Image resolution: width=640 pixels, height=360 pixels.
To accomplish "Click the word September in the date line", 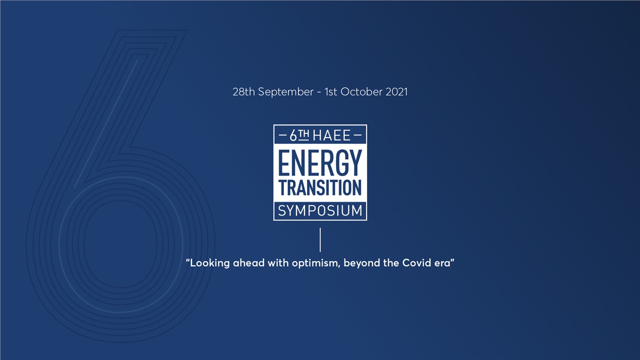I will click(x=285, y=92).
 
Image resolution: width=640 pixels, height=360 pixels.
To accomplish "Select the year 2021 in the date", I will click(x=396, y=92).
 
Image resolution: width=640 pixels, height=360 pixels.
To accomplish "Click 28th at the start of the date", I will click(x=243, y=92).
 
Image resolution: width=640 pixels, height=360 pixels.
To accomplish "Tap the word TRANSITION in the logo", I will click(x=320, y=187).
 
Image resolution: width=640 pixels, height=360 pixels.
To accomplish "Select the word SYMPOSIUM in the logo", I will click(x=320, y=210).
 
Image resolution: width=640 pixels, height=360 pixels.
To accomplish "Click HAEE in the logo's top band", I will click(x=331, y=135).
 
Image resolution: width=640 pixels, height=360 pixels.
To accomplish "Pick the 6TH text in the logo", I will click(x=300, y=135).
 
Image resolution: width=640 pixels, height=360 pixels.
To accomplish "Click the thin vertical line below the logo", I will click(x=320, y=240).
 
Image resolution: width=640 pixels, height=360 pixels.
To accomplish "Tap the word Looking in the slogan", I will click(x=209, y=263).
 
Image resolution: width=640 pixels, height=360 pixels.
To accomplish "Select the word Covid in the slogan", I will click(x=416, y=263).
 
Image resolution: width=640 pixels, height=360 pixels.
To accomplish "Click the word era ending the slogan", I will click(x=442, y=263).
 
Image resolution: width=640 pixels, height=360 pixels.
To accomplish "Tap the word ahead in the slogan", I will click(x=249, y=263).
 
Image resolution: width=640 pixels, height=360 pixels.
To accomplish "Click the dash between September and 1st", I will click(x=318, y=92).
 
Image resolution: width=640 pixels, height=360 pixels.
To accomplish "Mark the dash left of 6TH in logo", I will click(x=282, y=135).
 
